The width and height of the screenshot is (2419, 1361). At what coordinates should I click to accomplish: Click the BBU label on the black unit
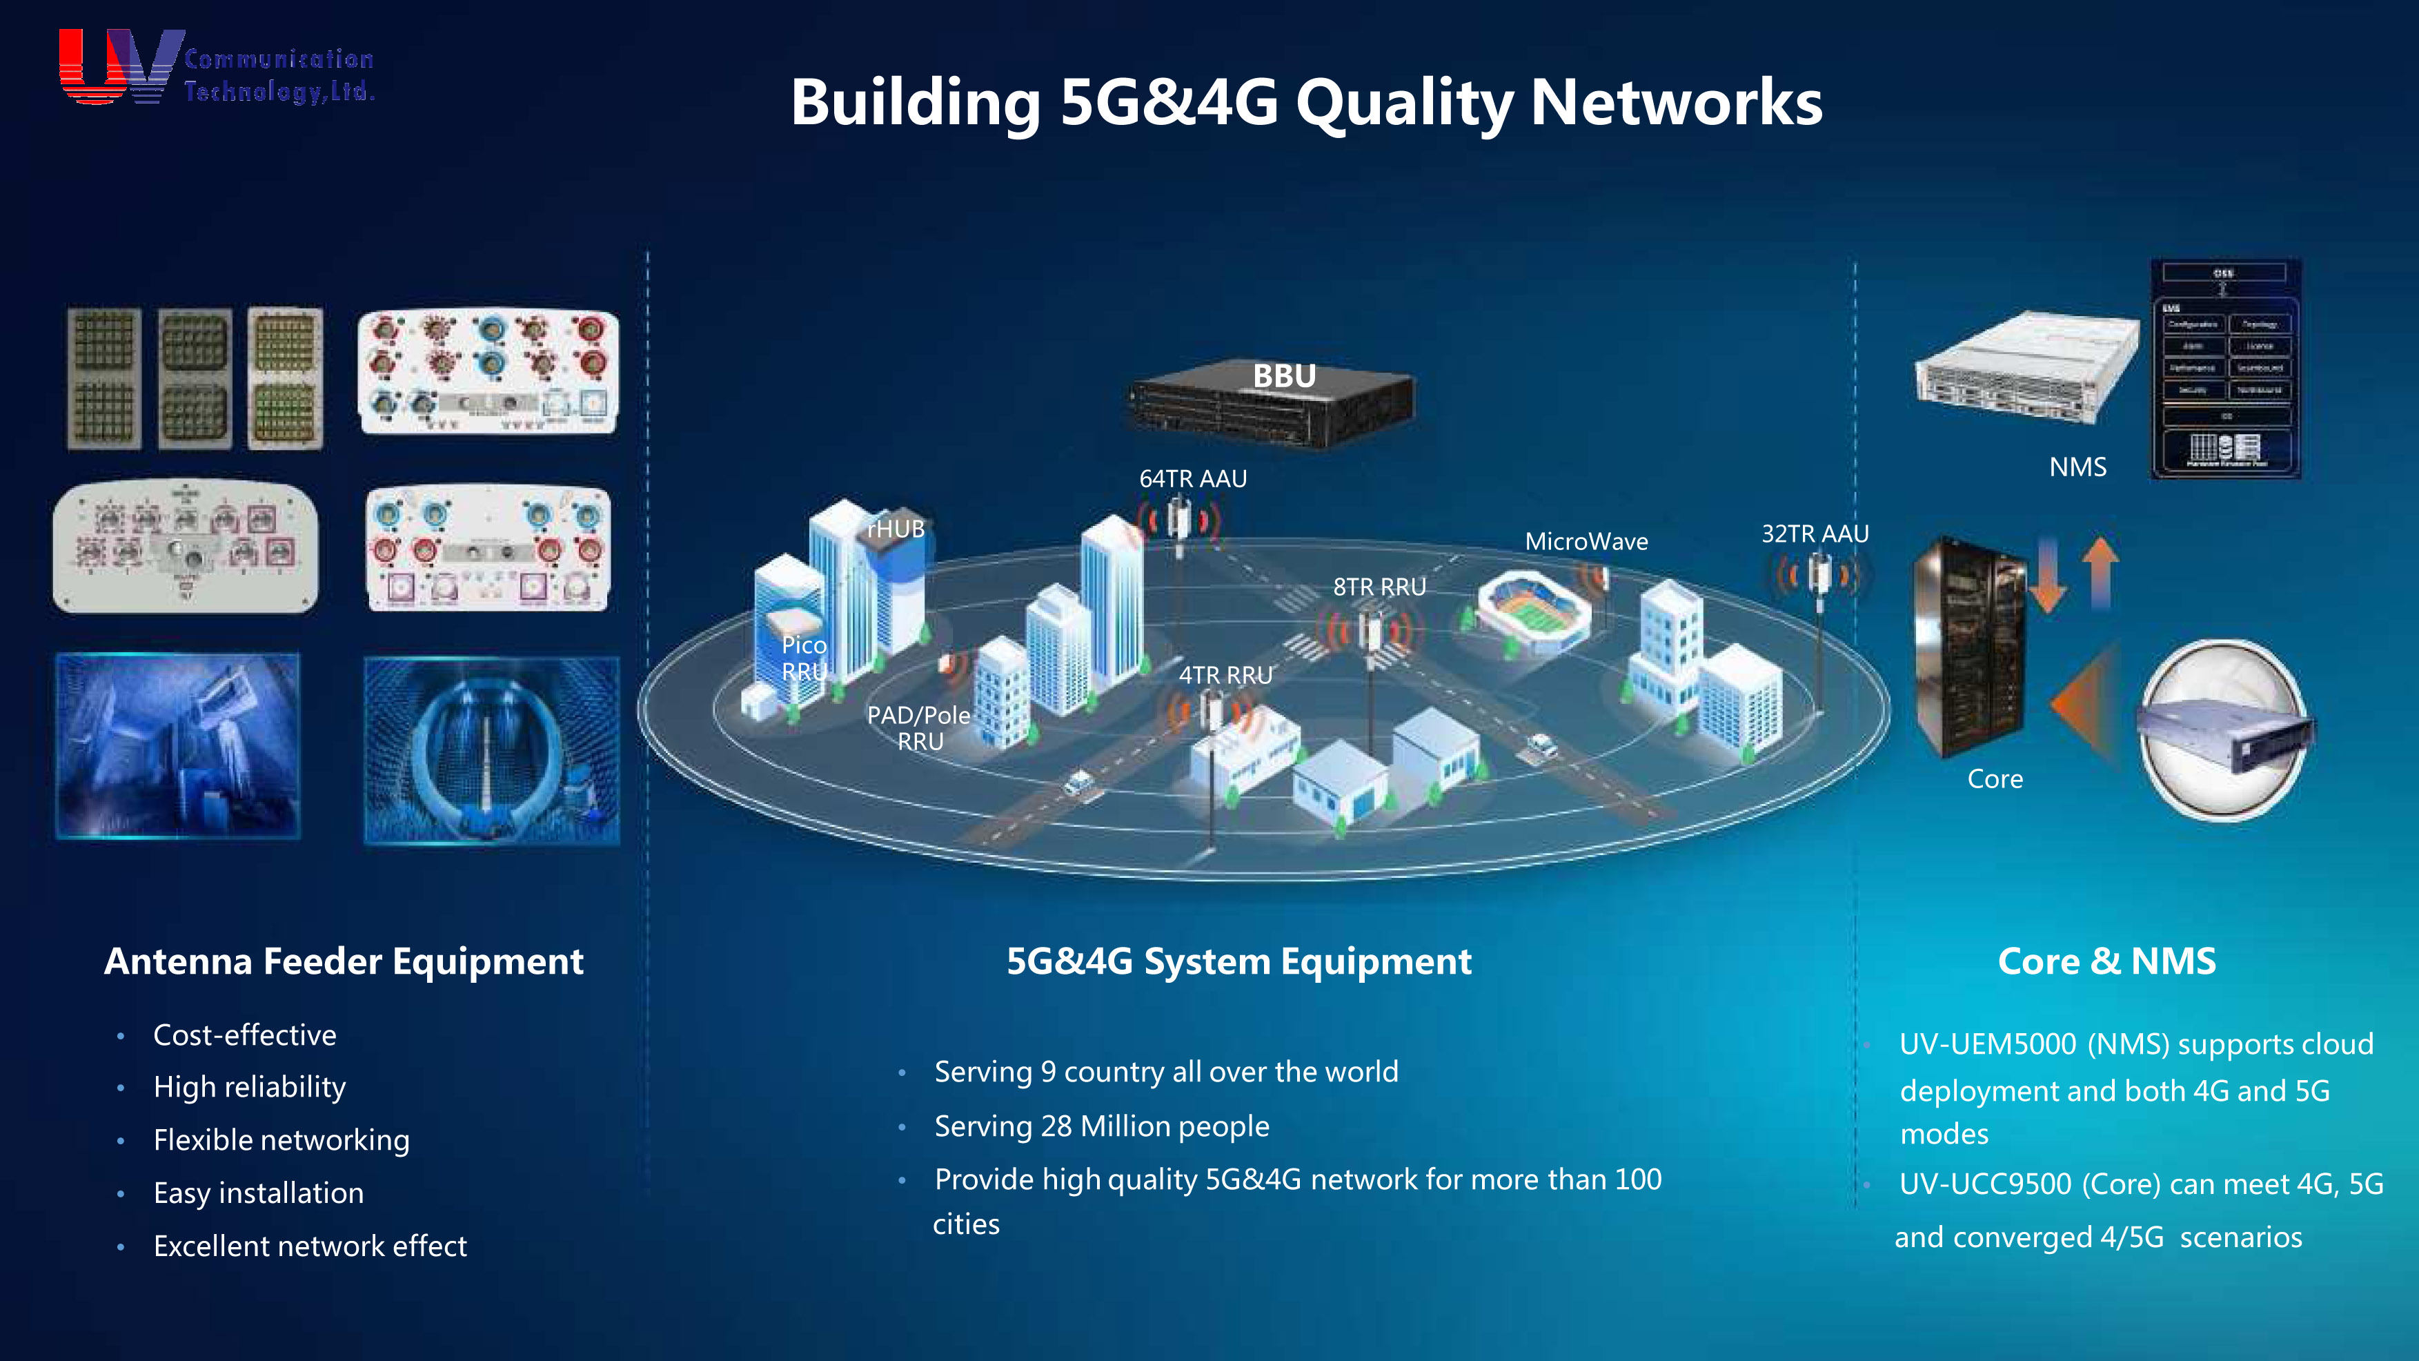(x=1284, y=375)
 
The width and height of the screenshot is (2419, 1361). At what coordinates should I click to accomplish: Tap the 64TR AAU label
(x=1193, y=479)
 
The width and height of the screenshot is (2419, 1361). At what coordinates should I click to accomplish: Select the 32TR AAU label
(x=1815, y=534)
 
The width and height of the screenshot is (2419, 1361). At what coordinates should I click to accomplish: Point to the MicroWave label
(x=1586, y=542)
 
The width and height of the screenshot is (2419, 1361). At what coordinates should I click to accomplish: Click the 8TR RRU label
(x=1379, y=587)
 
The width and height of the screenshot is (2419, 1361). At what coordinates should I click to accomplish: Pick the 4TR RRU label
(x=1225, y=676)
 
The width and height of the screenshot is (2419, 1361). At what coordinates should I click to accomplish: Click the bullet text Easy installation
(x=258, y=1193)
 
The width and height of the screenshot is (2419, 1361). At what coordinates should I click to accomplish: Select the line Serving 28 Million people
(x=1101, y=1126)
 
